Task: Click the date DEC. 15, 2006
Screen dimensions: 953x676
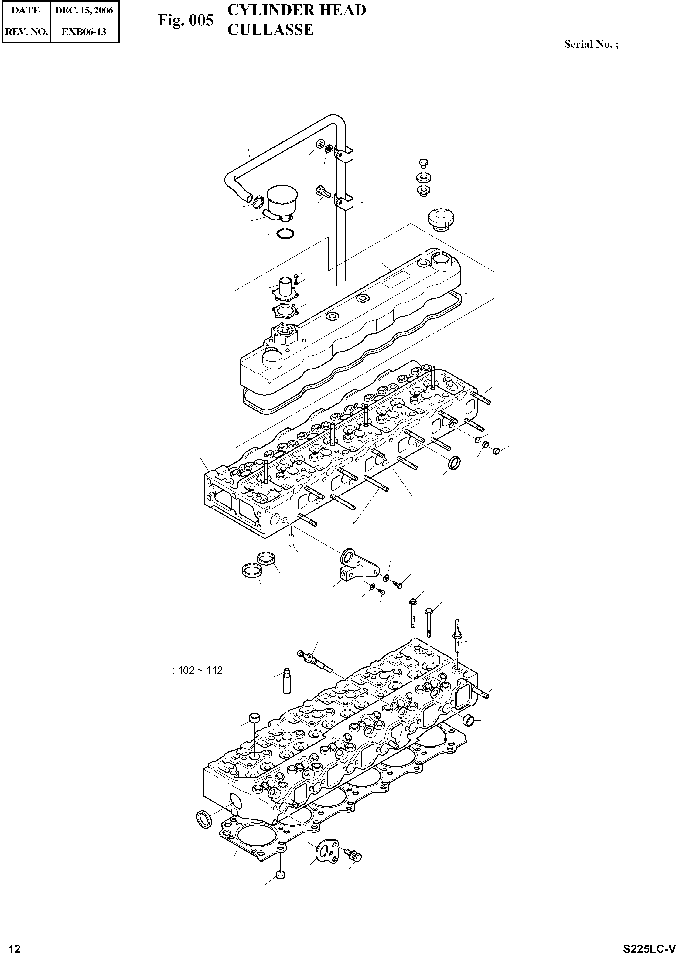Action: coord(84,10)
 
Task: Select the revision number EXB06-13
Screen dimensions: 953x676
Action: coord(84,31)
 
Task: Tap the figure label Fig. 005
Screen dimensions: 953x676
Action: coord(185,20)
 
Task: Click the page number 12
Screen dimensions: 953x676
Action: coord(14,946)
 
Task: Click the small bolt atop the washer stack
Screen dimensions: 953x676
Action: coord(425,163)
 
